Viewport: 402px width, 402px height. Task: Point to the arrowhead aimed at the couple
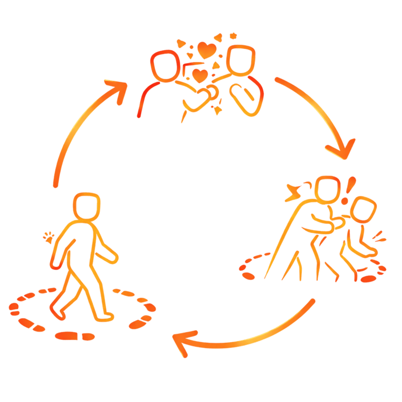click(x=118, y=89)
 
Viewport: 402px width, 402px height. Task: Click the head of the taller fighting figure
click(x=327, y=188)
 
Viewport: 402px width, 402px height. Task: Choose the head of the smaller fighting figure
click(x=364, y=209)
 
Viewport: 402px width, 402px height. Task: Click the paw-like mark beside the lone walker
click(x=49, y=238)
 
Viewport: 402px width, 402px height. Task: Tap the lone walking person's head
click(x=86, y=207)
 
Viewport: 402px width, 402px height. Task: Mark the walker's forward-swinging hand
click(x=113, y=258)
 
